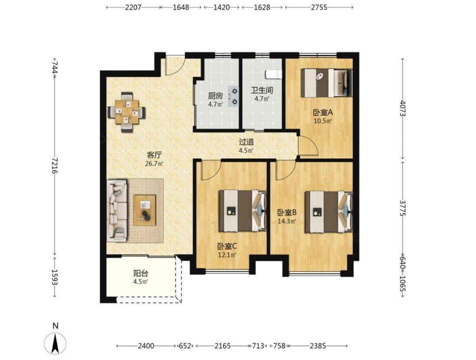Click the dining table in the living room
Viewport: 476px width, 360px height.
pos(127,112)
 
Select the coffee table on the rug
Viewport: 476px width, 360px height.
pos(144,210)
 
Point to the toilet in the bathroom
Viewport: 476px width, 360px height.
pos(274,74)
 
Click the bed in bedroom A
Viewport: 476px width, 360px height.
pos(326,83)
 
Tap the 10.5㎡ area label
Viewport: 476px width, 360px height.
pos(323,121)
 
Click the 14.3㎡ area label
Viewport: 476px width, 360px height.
pos(287,221)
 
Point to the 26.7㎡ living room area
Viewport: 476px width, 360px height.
pos(154,164)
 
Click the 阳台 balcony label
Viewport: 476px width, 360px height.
pos(141,273)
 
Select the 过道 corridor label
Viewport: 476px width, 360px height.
pos(246,142)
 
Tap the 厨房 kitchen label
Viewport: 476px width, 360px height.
pos(215,96)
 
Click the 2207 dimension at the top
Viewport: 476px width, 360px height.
pos(133,7)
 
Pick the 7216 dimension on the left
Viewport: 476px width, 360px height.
pos(55,165)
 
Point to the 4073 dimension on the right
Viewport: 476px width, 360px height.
pos(403,108)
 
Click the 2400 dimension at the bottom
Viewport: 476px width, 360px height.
pos(146,346)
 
